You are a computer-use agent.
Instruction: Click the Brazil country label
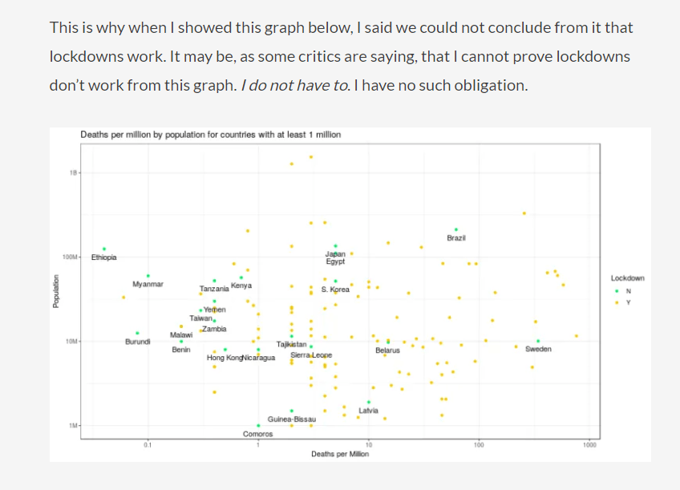[456, 238]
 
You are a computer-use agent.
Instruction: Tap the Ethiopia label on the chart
[103, 257]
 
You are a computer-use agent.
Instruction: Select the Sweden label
[538, 350]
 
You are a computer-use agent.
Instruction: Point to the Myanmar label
[148, 285]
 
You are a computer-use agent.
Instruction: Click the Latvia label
[369, 411]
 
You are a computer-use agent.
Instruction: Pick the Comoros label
[257, 434]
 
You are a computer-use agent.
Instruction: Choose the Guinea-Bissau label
[292, 419]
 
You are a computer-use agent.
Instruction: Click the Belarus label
[387, 350]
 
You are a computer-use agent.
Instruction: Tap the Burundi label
[138, 342]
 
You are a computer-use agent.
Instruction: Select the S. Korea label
[335, 290]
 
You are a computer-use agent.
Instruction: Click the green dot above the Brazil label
[456, 229]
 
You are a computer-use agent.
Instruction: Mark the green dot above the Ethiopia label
[103, 249]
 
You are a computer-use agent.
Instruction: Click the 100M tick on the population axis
[70, 257]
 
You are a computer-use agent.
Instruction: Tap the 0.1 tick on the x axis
[148, 444]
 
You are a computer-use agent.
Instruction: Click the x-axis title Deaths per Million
[340, 454]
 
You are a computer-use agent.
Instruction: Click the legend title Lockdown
[627, 278]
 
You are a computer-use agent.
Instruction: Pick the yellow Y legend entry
[628, 303]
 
